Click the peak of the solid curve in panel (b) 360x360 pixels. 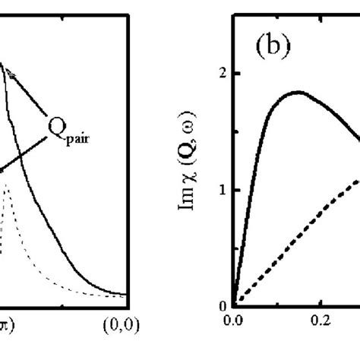(298, 93)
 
